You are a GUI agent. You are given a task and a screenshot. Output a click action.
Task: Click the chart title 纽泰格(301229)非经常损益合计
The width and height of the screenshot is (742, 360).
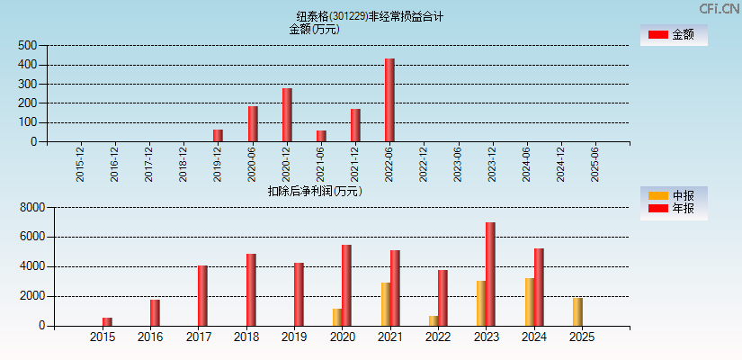370,16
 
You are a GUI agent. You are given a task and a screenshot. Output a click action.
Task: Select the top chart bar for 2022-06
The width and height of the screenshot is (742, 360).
389,100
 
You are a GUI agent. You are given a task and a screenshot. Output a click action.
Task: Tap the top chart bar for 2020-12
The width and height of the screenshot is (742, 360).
287,114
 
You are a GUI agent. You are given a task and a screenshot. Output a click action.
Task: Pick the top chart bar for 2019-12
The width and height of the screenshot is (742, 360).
218,135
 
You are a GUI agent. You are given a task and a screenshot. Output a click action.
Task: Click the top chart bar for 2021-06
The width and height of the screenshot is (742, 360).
321,136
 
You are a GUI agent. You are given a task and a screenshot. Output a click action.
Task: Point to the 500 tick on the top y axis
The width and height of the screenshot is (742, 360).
27,46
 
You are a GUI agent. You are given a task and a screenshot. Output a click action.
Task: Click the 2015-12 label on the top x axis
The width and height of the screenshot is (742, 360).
80,164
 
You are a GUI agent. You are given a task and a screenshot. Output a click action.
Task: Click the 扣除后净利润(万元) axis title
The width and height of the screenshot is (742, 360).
315,191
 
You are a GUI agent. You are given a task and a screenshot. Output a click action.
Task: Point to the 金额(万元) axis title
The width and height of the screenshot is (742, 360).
314,29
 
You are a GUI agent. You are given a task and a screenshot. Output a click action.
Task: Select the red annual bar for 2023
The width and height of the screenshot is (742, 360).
490,274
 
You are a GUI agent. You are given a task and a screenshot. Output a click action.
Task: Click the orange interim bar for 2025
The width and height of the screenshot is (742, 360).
577,311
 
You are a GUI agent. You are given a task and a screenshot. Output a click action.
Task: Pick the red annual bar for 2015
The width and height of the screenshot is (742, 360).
107,321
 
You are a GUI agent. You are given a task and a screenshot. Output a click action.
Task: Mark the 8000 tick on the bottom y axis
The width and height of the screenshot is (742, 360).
31,208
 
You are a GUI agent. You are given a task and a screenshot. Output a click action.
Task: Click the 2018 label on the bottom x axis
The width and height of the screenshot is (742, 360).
246,337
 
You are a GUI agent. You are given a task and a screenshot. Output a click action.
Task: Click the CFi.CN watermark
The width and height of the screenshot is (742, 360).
719,9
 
